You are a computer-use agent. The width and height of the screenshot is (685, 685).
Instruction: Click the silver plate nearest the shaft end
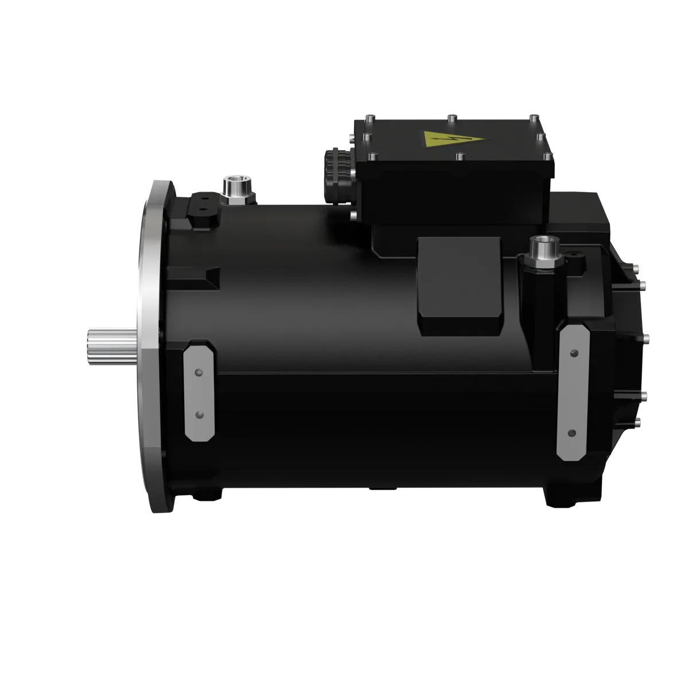199,392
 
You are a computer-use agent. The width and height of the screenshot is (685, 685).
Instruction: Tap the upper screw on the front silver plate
198,372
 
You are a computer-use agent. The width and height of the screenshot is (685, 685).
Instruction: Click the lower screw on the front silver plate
199,414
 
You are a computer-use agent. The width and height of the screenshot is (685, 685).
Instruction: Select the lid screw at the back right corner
534,118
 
